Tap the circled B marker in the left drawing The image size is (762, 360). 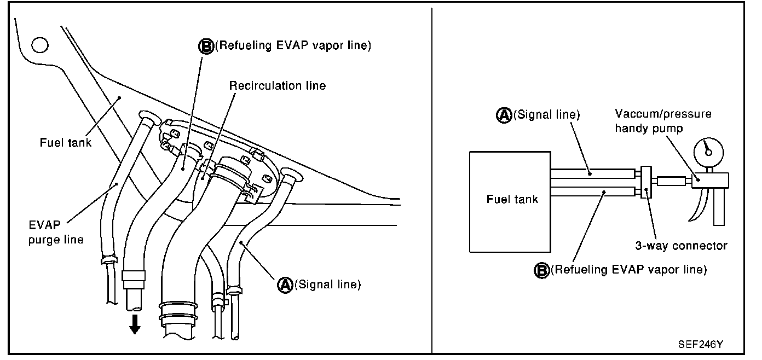206,46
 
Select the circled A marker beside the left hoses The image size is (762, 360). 285,284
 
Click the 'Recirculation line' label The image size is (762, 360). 278,86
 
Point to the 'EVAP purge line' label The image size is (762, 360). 56,231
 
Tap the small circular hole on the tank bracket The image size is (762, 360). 39,44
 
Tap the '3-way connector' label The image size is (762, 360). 681,246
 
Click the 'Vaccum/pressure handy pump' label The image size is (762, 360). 662,121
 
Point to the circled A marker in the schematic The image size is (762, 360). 503,115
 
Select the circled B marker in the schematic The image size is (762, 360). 541,270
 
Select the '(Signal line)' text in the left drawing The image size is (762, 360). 327,284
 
